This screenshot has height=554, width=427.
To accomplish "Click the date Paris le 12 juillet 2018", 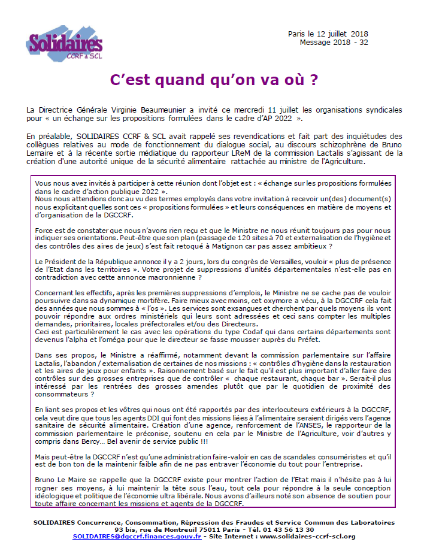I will click(329, 34).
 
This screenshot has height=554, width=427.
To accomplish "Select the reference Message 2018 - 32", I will click(334, 43).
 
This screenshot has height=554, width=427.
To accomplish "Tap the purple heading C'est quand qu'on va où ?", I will click(214, 80).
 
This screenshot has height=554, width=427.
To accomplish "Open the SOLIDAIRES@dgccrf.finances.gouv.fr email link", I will click(137, 536).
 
